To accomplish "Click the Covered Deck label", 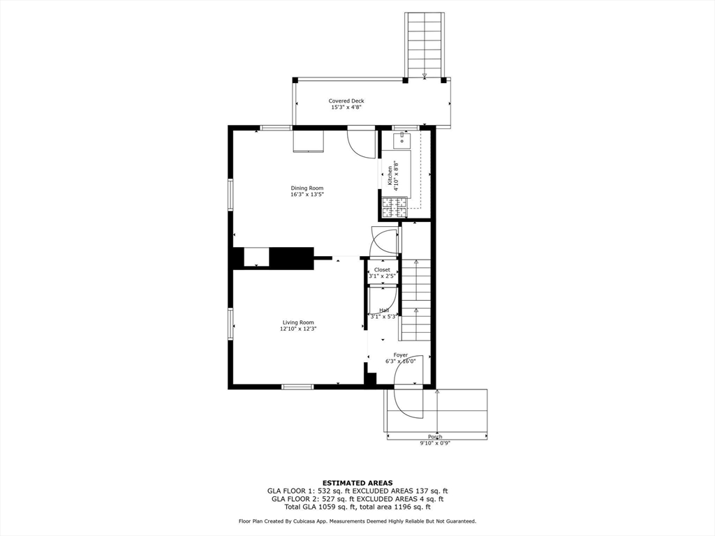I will tap(346, 101).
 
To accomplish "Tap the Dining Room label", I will tap(307, 188).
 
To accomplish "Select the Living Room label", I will tap(298, 322).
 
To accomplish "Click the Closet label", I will tap(382, 269).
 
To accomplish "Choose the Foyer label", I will tap(401, 355).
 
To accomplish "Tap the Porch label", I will tap(436, 437).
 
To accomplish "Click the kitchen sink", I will tap(402, 140).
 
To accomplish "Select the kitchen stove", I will tap(393, 205).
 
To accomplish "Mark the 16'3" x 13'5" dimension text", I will tap(307, 195).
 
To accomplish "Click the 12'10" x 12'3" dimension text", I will tap(298, 329).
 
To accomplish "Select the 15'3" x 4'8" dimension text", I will tap(346, 108).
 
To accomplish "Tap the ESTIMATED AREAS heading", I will tap(357, 483).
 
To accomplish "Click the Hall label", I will tap(385, 310).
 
